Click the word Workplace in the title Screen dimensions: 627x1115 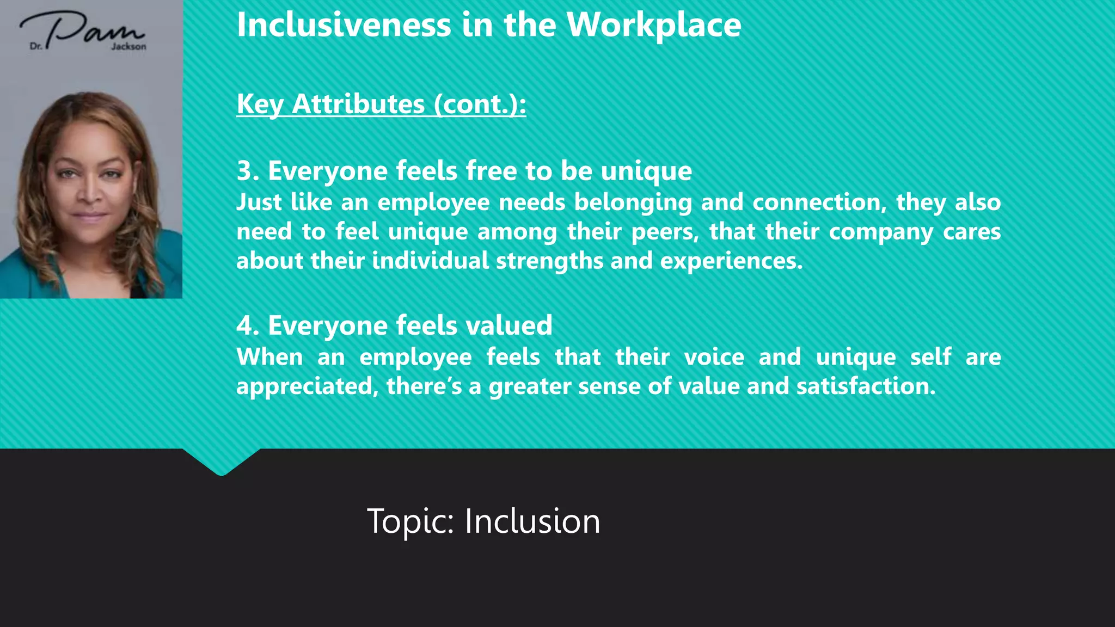[x=653, y=25]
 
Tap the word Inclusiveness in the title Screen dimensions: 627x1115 [x=344, y=25]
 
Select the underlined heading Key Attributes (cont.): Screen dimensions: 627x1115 [x=381, y=104]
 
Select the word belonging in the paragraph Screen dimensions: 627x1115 [x=633, y=203]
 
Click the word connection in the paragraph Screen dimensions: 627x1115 [x=816, y=202]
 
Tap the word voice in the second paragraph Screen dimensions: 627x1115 [x=714, y=357]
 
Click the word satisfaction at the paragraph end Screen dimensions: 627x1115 [x=866, y=386]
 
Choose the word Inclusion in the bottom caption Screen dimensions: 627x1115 [x=532, y=521]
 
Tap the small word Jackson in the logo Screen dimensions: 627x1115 [x=128, y=47]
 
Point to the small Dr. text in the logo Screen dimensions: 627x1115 [x=36, y=47]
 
